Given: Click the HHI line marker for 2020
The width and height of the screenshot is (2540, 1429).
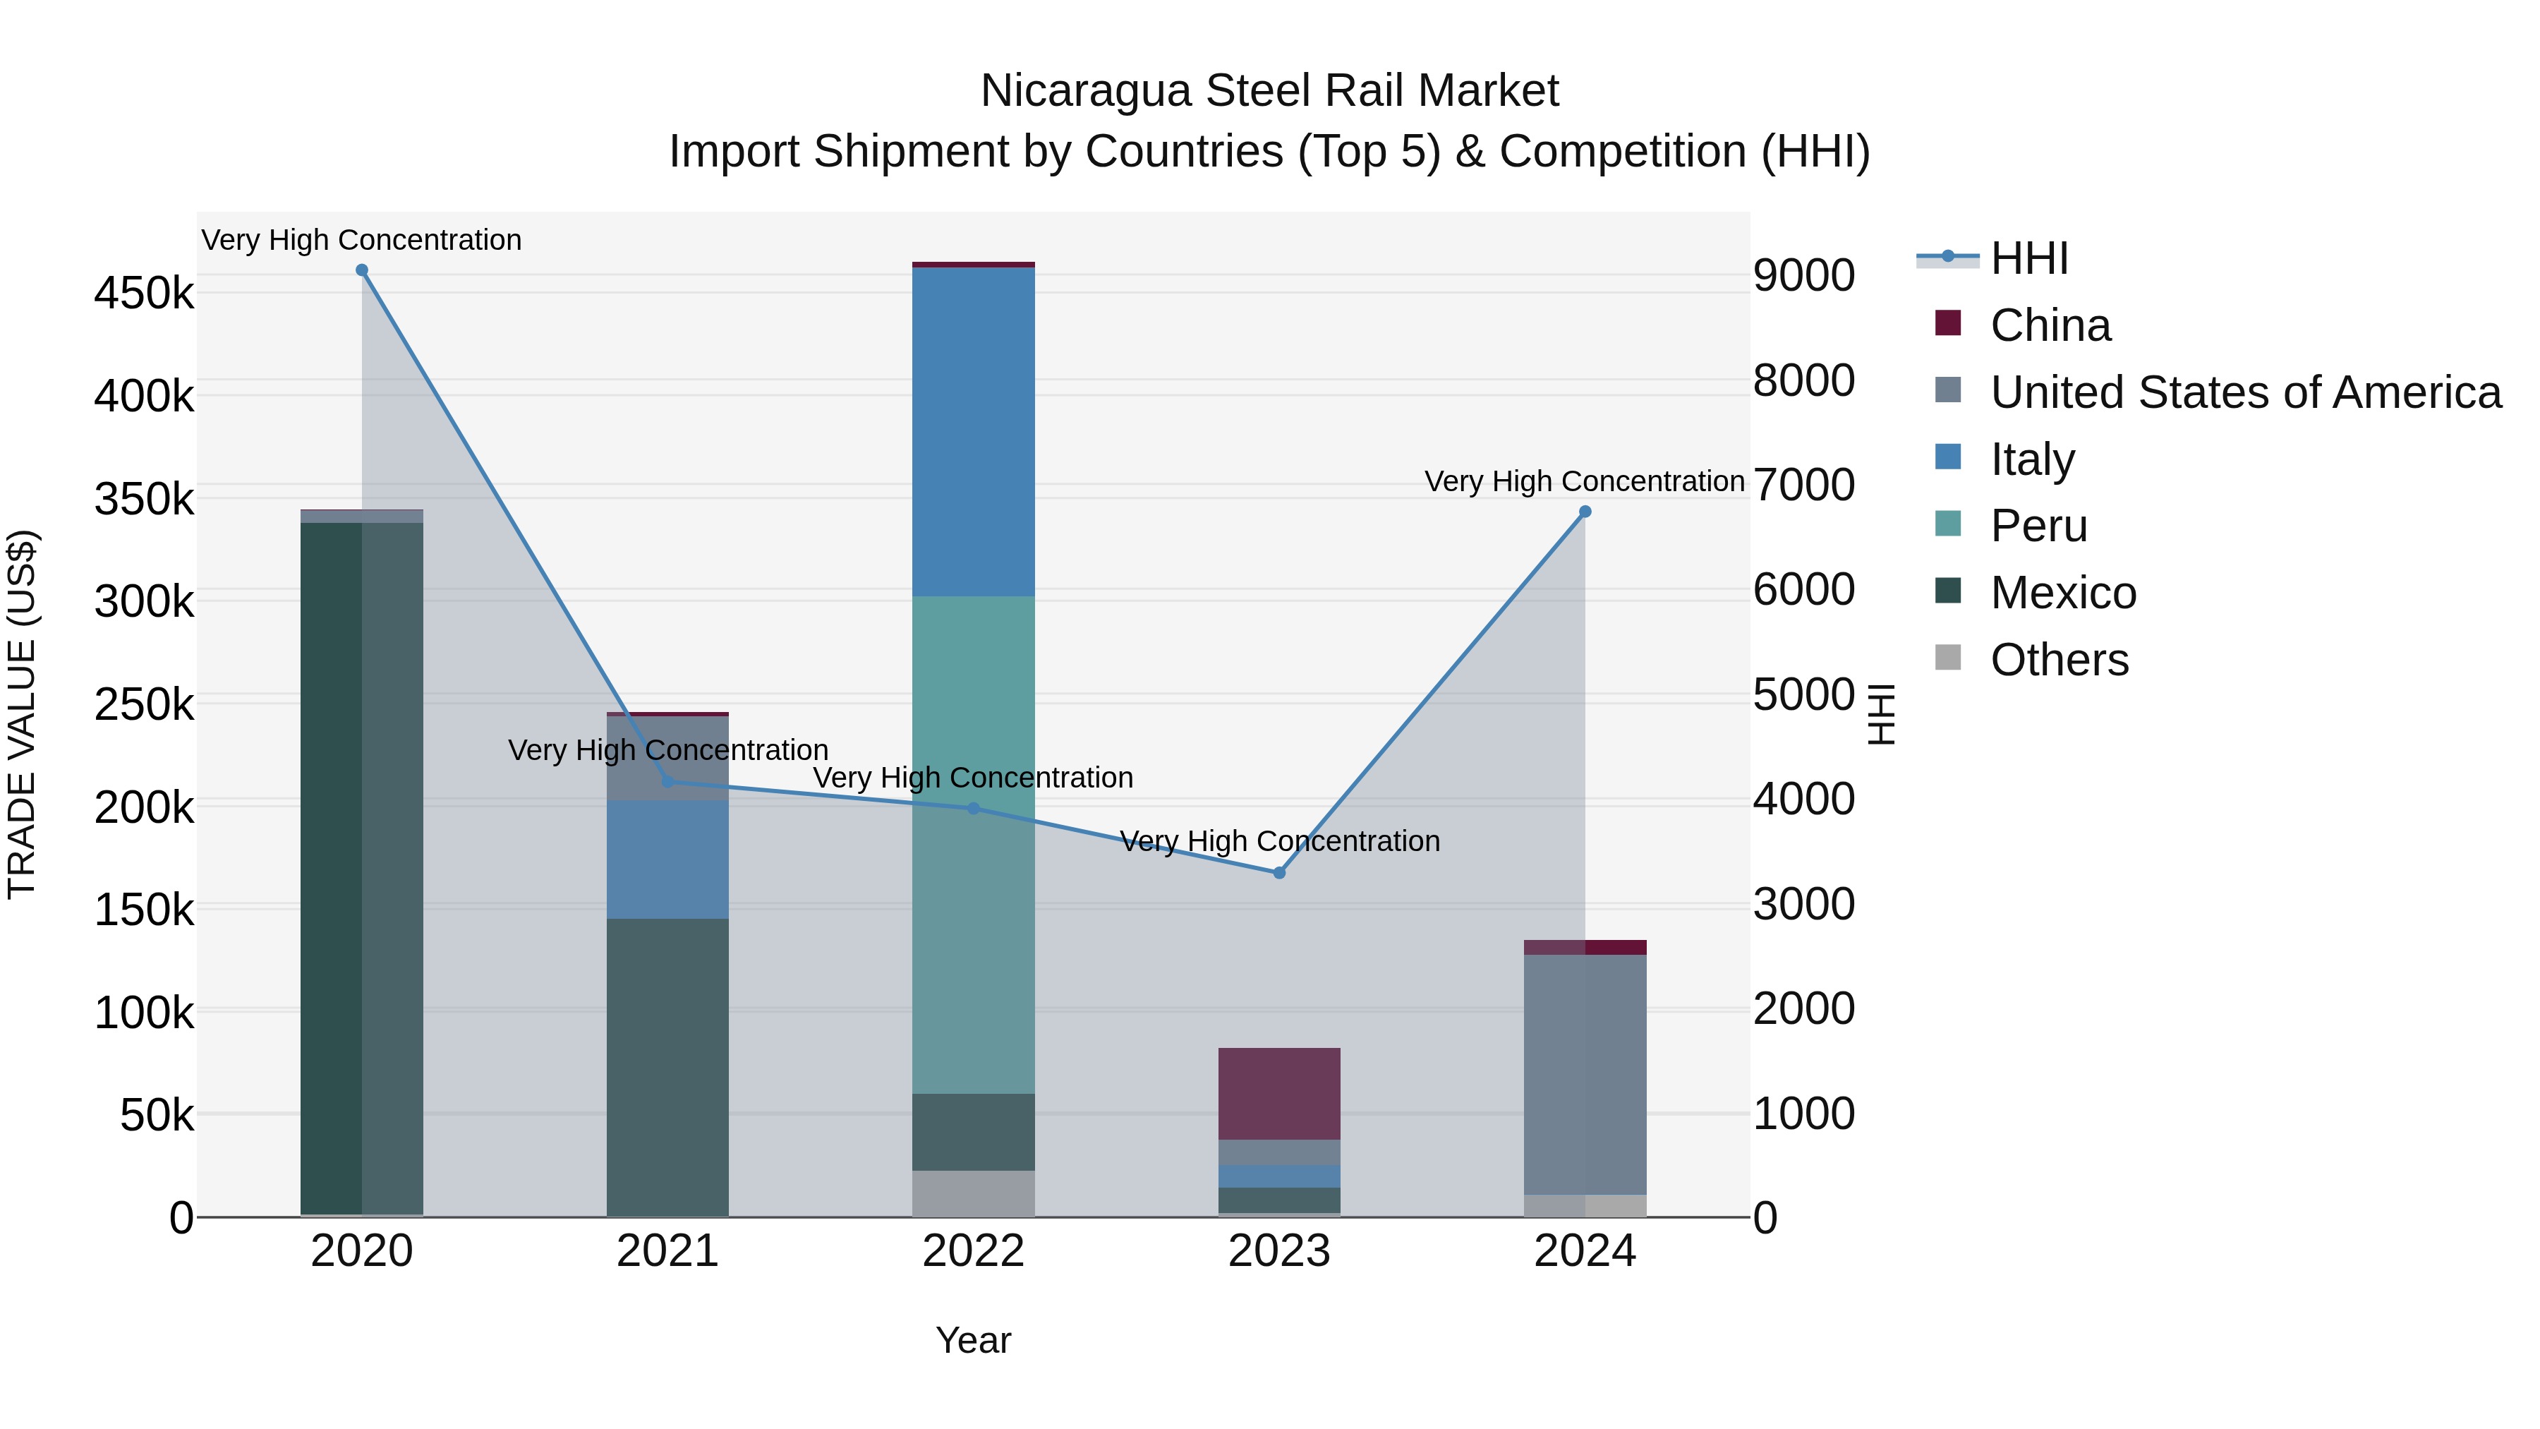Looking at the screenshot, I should coord(362,270).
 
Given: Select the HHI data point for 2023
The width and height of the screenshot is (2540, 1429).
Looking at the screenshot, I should coord(1279,873).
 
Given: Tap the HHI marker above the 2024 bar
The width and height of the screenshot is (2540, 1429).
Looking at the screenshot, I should coord(1585,512).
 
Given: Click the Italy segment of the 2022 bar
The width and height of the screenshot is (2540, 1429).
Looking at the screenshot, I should coord(973,431).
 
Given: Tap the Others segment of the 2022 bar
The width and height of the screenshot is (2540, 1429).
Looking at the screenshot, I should coord(973,1193).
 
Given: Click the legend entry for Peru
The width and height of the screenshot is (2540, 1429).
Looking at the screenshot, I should coord(2038,526).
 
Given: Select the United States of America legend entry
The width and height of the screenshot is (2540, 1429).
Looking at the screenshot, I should coord(2245,392).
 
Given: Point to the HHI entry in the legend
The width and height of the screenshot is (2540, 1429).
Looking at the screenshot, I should coord(2028,258).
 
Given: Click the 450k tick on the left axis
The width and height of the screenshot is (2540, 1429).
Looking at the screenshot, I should coord(144,293).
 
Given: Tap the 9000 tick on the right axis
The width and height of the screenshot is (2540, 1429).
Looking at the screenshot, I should coord(1803,275).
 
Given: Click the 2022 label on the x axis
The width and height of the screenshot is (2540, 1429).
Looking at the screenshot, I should coord(973,1251).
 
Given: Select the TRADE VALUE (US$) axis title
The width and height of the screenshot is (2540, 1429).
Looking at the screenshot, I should coord(22,714).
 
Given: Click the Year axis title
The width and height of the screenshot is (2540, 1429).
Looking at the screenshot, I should coord(973,1340).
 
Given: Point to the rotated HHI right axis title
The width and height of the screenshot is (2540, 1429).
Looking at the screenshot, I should coord(1880,714).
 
